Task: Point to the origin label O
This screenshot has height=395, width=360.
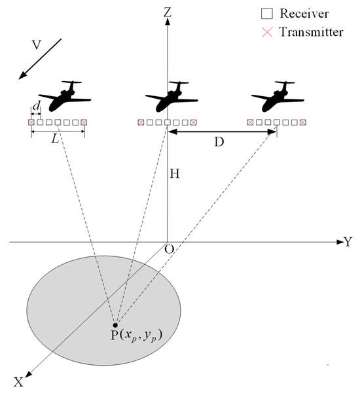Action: tap(168, 250)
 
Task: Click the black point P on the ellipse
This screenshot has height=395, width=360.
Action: tap(115, 325)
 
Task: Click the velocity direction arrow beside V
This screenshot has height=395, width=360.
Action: tap(39, 60)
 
